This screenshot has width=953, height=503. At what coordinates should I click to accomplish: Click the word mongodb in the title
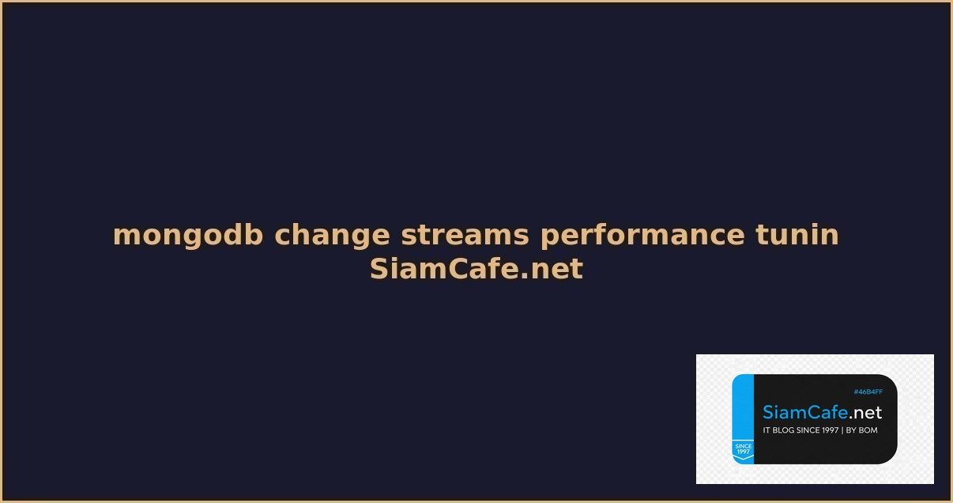click(188, 235)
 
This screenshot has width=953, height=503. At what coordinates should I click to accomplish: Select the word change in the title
click(332, 235)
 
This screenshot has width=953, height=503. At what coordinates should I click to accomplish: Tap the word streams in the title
click(465, 235)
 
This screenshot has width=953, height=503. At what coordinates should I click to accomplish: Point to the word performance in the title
click(642, 235)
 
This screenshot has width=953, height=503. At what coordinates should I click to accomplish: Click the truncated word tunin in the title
click(797, 235)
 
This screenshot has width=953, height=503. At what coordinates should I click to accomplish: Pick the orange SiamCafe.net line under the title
click(476, 269)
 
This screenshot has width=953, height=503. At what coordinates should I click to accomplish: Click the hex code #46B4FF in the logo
click(868, 392)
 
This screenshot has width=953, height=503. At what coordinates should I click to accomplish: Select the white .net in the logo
click(865, 413)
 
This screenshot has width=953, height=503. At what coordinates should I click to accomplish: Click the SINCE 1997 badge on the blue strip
click(743, 449)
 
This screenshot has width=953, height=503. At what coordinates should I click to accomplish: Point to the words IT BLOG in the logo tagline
click(778, 430)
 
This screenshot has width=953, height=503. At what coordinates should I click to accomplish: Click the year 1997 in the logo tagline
click(829, 430)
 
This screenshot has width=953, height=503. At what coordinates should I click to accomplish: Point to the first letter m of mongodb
click(125, 236)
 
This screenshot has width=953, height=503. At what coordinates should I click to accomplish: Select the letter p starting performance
click(548, 236)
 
